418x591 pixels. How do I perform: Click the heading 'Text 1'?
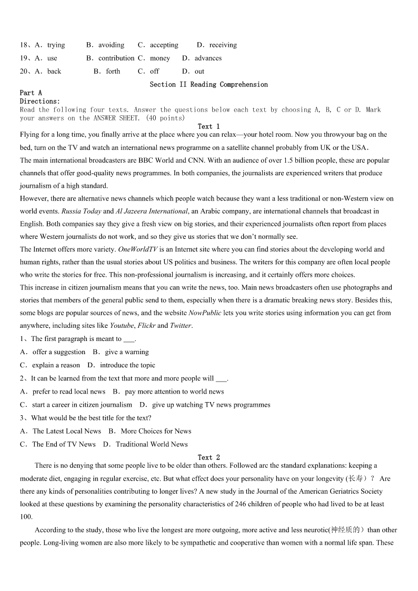coord(209,126)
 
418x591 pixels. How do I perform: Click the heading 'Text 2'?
coord(209,457)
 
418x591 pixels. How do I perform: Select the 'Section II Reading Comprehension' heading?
coord(208,84)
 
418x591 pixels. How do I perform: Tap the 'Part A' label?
coord(31,93)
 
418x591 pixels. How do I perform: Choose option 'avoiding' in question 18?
coord(111,45)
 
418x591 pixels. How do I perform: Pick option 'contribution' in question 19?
coord(116,58)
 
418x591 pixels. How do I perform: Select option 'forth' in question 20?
coord(113,72)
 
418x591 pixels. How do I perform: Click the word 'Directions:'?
coord(40,101)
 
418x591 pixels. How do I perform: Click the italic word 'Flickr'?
coord(146,326)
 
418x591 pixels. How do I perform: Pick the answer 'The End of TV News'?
coord(64,444)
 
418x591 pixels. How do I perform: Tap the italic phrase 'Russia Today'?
coord(81,211)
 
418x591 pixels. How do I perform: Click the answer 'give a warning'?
coord(127,352)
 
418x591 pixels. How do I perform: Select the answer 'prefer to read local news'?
coord(68,392)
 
